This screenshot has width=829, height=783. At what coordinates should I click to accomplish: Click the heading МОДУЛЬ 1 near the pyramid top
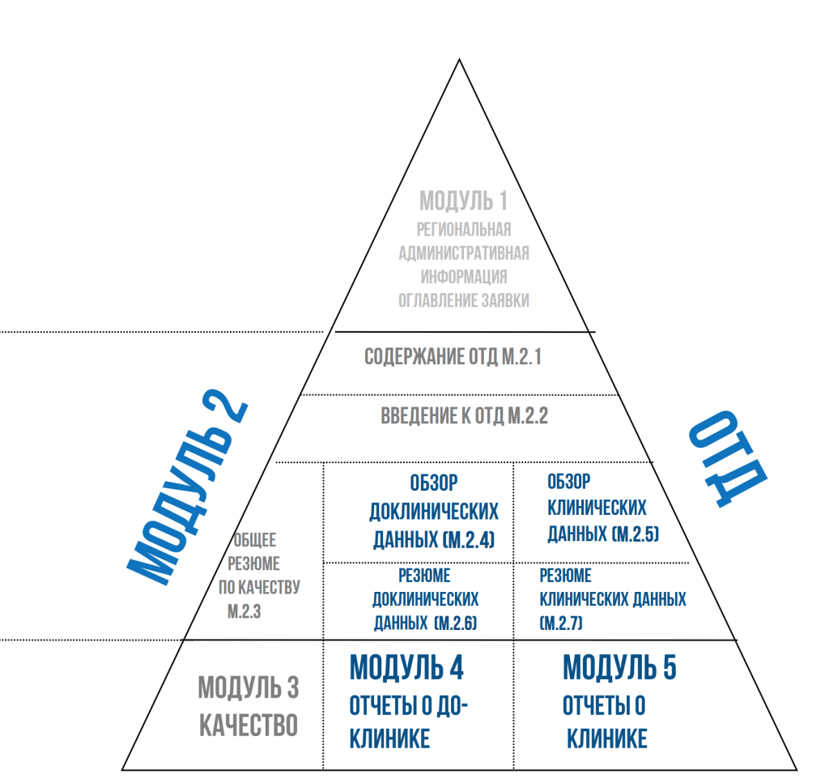[463, 200]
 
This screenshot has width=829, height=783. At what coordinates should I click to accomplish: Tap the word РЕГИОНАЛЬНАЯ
[464, 229]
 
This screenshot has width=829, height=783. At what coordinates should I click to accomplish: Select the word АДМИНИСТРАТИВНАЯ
[464, 253]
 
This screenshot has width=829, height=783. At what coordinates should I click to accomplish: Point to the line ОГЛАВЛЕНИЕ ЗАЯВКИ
[464, 300]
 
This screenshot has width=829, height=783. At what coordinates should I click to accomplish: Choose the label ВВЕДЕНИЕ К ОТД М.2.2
[465, 417]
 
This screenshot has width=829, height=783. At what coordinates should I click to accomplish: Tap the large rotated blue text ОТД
[725, 459]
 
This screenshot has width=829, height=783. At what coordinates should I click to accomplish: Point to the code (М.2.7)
[560, 623]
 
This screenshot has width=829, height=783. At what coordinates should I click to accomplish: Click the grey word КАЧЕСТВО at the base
[249, 725]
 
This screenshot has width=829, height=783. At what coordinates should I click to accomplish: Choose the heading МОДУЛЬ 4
[406, 668]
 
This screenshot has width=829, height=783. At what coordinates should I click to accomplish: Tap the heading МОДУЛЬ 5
[619, 669]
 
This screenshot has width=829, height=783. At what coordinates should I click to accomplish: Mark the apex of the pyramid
[460, 59]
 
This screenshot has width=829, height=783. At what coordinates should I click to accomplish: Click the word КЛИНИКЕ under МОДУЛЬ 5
[606, 738]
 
